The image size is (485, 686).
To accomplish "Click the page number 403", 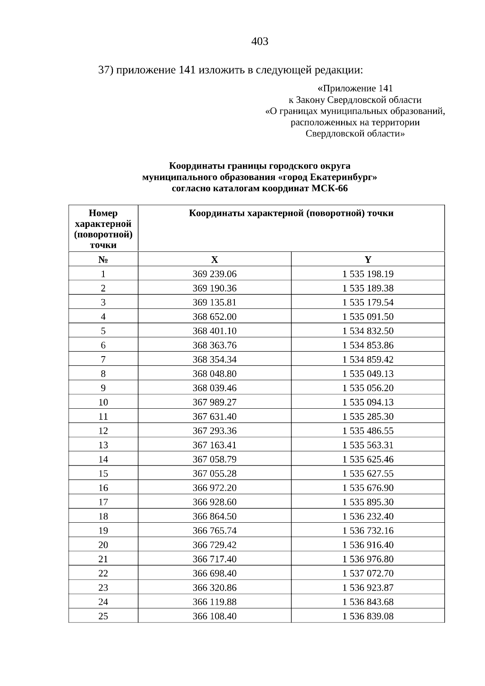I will click(259, 42).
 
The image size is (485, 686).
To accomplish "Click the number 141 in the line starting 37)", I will click(187, 70).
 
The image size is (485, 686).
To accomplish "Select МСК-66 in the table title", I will click(330, 189).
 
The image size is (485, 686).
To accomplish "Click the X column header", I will click(215, 260).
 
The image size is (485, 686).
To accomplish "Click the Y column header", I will click(368, 260).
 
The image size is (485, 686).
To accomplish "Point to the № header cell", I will click(103, 260).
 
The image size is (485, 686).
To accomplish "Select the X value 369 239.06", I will click(215, 274).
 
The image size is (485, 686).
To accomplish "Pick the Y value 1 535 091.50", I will click(368, 317).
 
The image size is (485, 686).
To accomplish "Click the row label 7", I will click(103, 359).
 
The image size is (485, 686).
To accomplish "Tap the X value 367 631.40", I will click(215, 416).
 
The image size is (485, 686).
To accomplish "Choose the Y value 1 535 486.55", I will click(368, 431).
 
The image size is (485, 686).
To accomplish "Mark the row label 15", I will click(103, 473).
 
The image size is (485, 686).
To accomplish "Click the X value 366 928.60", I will click(215, 502).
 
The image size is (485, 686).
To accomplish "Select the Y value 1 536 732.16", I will click(368, 530).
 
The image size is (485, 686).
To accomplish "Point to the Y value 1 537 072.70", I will click(368, 573).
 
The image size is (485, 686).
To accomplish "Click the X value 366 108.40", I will click(215, 616).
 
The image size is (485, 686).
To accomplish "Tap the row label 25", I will click(103, 616).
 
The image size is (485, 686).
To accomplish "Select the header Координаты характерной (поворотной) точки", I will click(291, 213).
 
